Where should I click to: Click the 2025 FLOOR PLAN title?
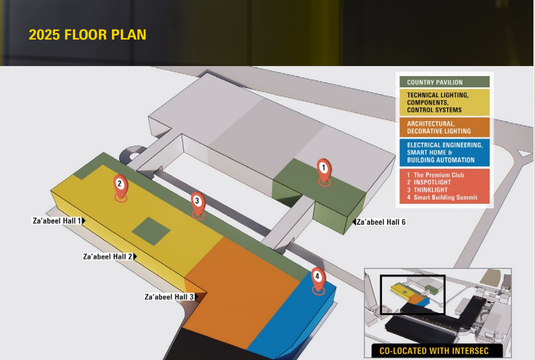click(87, 35)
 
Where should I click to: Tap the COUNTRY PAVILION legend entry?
click(444, 82)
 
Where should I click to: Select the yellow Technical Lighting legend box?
click(444, 102)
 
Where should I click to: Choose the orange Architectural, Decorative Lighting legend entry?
click(444, 127)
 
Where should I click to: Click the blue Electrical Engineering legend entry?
click(444, 152)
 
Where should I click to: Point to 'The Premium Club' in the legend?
click(439, 175)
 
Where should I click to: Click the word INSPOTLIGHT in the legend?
click(432, 183)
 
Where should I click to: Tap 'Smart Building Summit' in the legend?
click(445, 197)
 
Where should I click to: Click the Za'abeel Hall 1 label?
click(57, 221)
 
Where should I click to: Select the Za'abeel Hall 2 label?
click(108, 256)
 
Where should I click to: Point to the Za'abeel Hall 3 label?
click(169, 297)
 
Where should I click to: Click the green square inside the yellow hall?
click(151, 231)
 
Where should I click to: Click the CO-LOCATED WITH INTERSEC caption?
click(434, 351)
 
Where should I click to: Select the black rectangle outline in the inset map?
click(413, 276)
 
